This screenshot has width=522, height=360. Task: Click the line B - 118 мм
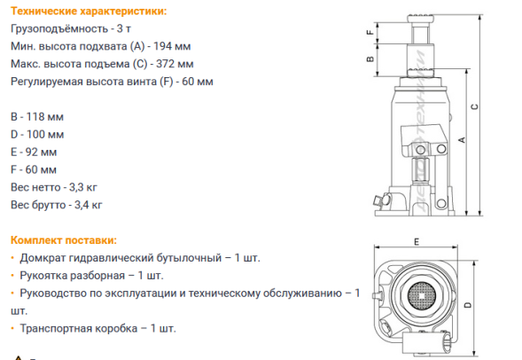[x=37, y=116]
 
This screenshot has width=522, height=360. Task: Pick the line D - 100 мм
[x=37, y=134]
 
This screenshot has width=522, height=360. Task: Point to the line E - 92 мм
[x=35, y=152]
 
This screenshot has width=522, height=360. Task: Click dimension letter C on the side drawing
[x=475, y=107]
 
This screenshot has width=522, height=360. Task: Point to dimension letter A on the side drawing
[x=462, y=139]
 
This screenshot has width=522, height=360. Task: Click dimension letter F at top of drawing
[x=368, y=31]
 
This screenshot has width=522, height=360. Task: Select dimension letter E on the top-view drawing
[x=414, y=240]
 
